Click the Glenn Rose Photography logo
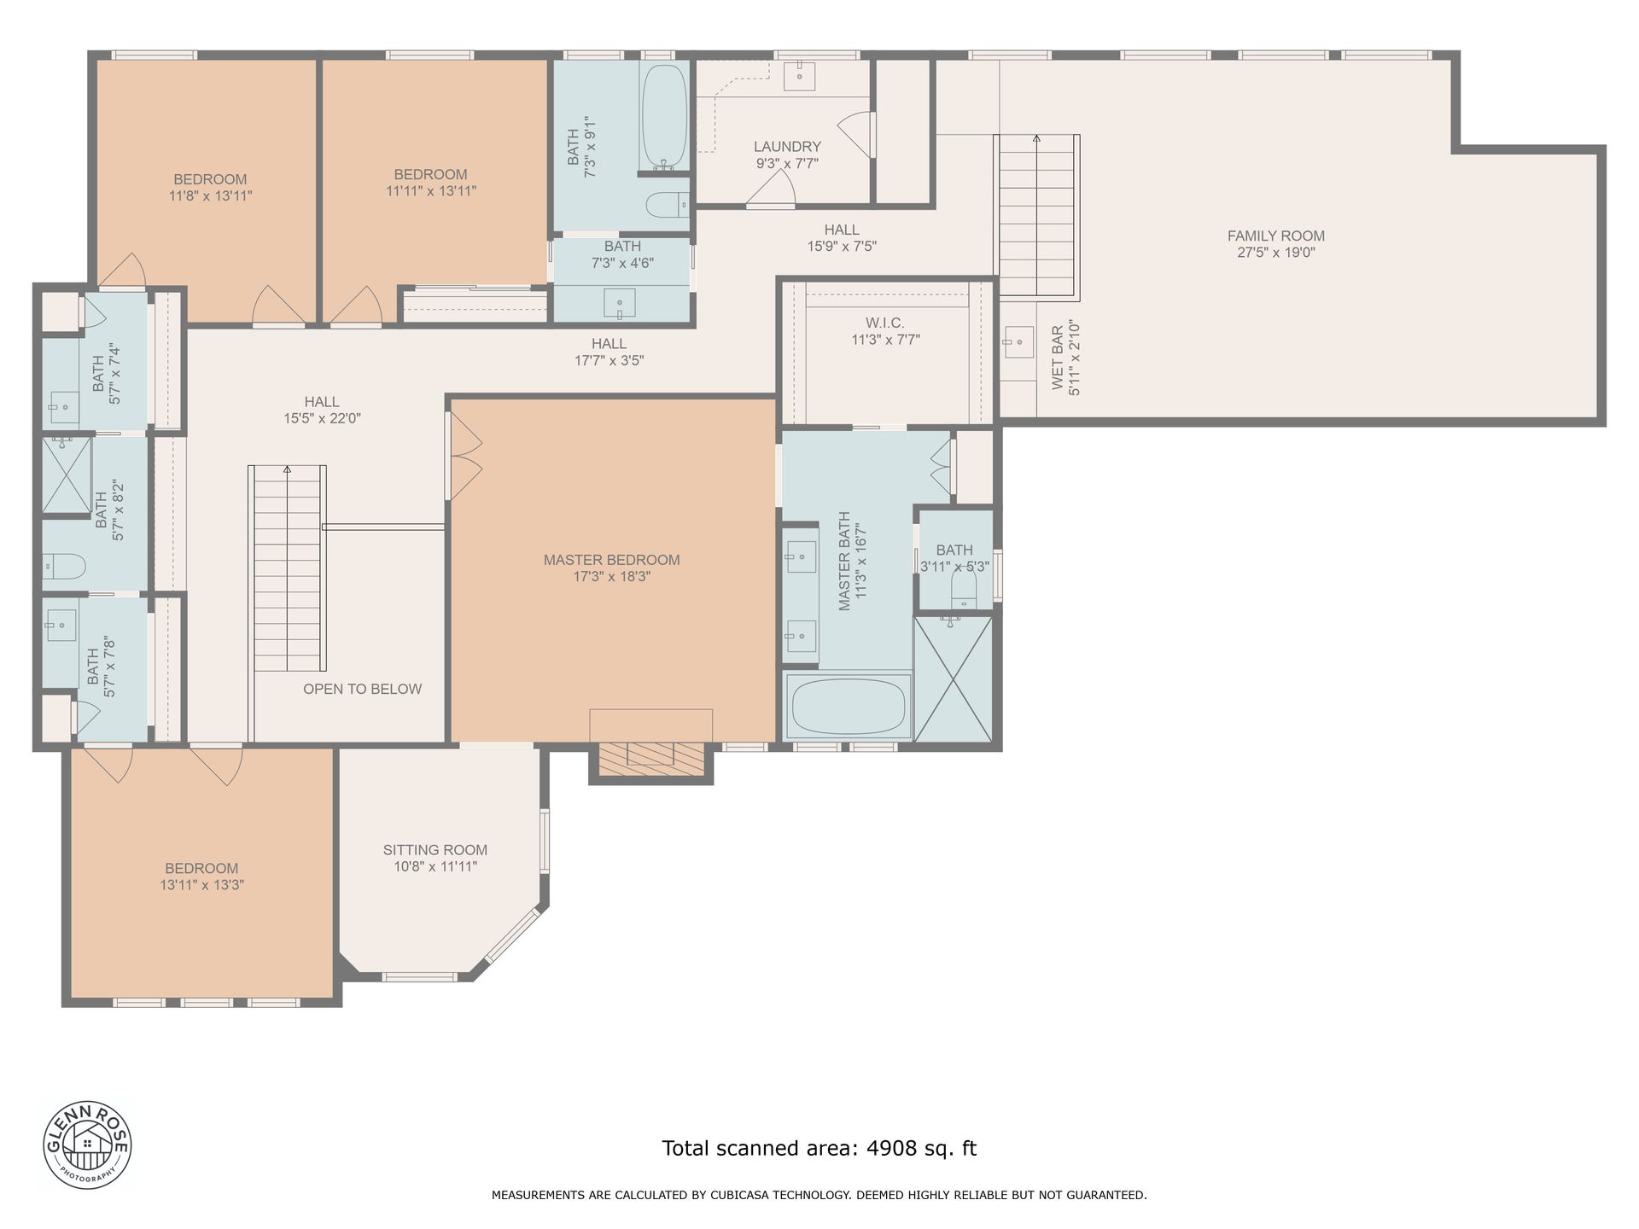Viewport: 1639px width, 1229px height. (87, 1144)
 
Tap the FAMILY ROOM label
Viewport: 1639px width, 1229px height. (1275, 236)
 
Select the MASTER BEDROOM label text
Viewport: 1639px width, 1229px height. (611, 560)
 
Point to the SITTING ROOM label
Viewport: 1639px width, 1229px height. (435, 850)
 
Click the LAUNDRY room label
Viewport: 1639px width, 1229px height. (787, 147)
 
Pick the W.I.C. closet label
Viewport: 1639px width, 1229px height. (884, 323)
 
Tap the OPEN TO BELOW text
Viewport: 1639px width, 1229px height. (362, 689)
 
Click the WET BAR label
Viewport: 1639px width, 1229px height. (1058, 357)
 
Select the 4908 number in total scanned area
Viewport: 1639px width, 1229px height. (890, 1148)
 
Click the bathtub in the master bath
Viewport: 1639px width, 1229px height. (848, 707)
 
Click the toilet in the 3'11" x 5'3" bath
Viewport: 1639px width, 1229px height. (964, 588)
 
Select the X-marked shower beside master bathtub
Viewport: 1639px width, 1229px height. (953, 679)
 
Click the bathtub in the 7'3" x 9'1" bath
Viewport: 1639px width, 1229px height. (664, 116)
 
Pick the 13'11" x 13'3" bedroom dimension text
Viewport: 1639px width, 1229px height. (202, 885)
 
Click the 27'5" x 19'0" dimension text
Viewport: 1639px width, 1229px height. (1275, 253)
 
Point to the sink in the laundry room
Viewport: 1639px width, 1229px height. (800, 76)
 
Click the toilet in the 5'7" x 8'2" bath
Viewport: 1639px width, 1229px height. (64, 564)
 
